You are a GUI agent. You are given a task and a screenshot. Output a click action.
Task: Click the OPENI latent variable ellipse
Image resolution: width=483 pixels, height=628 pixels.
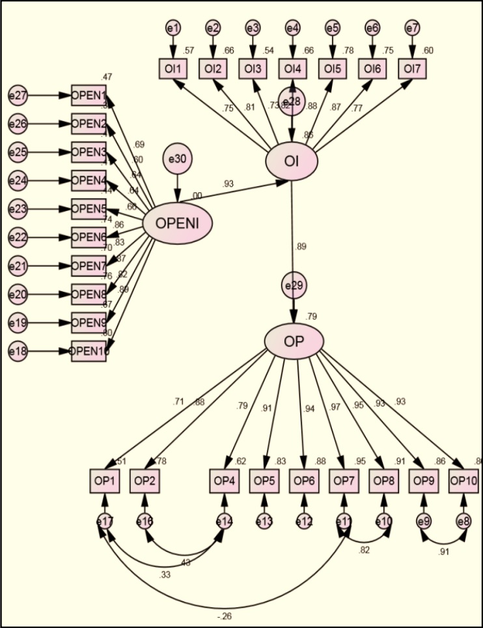click(x=177, y=223)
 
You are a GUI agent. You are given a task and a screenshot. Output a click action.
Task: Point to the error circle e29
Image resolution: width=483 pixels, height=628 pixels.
click(x=294, y=285)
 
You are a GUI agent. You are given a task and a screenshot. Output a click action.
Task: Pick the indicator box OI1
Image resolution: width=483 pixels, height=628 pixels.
click(x=173, y=68)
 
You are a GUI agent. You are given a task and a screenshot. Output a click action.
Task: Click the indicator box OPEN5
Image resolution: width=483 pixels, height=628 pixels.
click(x=89, y=209)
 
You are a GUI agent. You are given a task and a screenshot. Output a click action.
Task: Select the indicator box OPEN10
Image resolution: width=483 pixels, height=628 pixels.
click(x=89, y=351)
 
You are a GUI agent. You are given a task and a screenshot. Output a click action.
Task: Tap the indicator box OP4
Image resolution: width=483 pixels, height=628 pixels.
click(x=225, y=481)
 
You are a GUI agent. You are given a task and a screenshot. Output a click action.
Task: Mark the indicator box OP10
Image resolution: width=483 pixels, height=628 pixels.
click(x=464, y=481)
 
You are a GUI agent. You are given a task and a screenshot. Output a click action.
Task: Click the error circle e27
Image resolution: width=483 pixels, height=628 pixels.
click(x=18, y=96)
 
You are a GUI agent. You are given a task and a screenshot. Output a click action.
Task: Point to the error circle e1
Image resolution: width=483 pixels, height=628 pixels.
click(x=173, y=28)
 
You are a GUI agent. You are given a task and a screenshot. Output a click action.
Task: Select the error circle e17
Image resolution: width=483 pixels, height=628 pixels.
click(x=104, y=521)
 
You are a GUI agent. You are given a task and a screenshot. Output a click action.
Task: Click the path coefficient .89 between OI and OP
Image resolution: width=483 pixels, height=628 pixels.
click(x=301, y=246)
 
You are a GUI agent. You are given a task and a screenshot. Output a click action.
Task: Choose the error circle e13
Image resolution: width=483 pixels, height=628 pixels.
click(x=264, y=521)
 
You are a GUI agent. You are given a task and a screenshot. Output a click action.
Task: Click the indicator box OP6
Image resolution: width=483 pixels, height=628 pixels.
click(x=303, y=481)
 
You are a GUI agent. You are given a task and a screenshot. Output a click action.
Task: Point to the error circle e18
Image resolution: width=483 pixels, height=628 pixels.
click(x=18, y=351)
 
